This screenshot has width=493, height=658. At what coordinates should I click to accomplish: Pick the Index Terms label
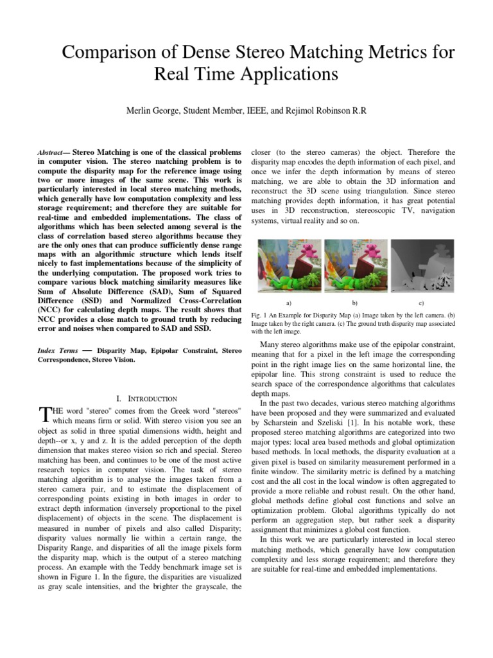coord(58,351)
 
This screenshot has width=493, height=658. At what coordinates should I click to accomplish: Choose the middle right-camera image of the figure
coord(355,265)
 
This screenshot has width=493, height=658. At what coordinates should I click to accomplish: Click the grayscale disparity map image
coord(422,265)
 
